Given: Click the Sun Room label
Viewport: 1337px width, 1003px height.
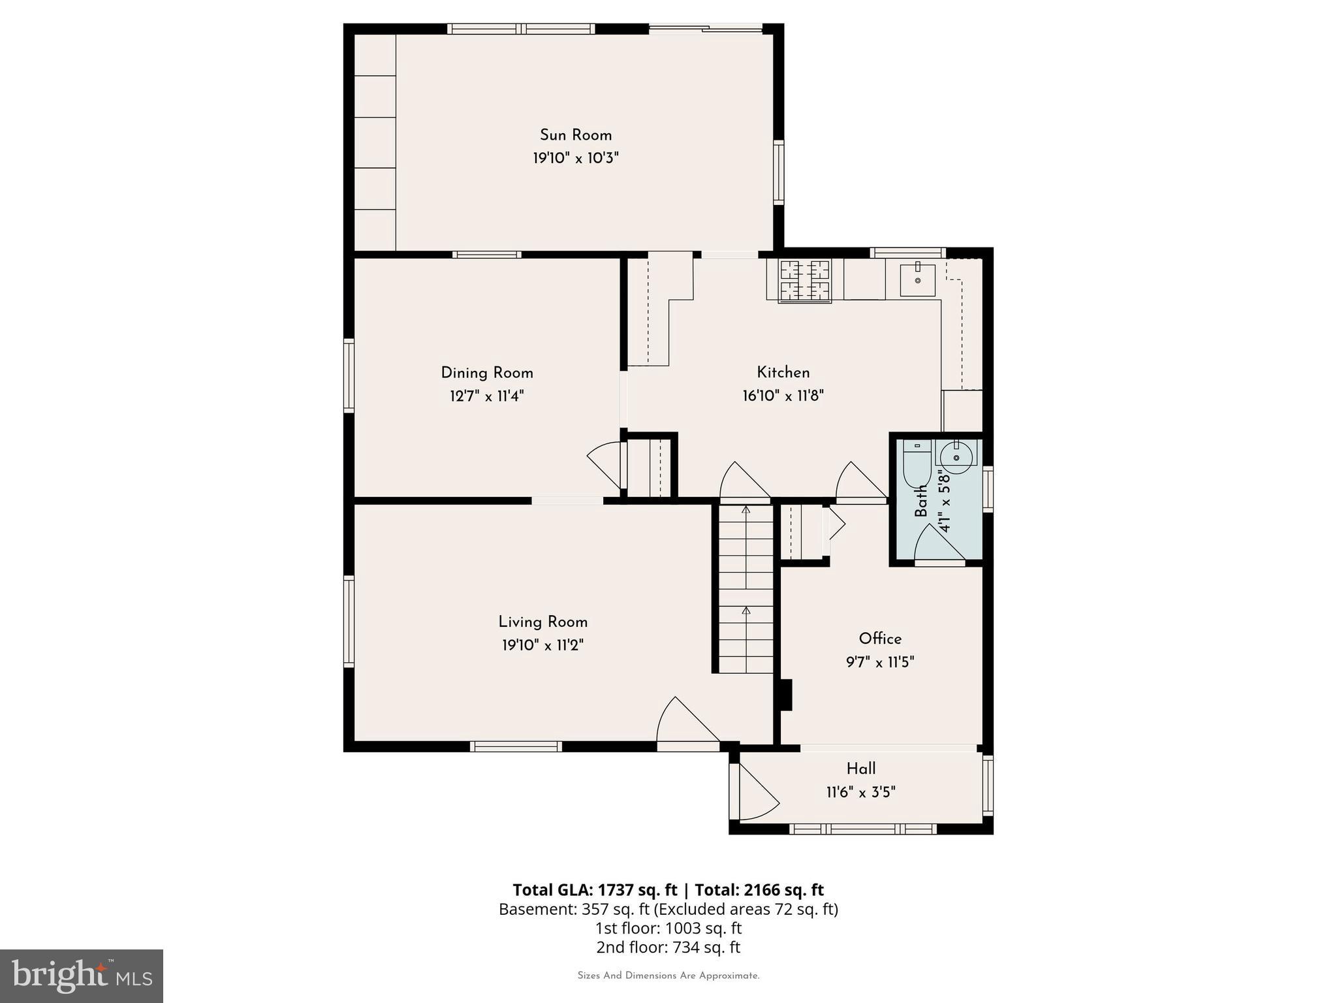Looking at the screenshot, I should coord(575,135).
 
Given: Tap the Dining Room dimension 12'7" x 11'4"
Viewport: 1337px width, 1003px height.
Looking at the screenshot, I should coord(486,396).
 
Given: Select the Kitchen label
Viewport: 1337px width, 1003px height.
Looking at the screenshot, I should coord(783,372).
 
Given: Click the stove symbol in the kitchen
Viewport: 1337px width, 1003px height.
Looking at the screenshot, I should coord(805,281).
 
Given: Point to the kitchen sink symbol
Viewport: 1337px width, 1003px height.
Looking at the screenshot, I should coord(917,280).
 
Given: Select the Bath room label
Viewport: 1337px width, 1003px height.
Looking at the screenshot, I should coord(921,501).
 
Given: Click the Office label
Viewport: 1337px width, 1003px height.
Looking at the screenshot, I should coord(880,639).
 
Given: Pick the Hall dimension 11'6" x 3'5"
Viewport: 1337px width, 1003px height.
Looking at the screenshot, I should coord(860,792).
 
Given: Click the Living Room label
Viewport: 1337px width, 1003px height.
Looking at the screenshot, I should coord(543,622).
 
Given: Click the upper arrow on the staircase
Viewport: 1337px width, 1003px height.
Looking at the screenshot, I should coord(746,510).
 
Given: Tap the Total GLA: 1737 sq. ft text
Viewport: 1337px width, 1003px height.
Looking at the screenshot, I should coord(595,890).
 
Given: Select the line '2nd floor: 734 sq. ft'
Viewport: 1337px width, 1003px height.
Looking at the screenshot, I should coord(668,947).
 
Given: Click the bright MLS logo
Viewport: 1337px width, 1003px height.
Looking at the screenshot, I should coord(82,976).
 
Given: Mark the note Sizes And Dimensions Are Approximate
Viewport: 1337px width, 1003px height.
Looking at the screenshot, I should coord(668,976).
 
